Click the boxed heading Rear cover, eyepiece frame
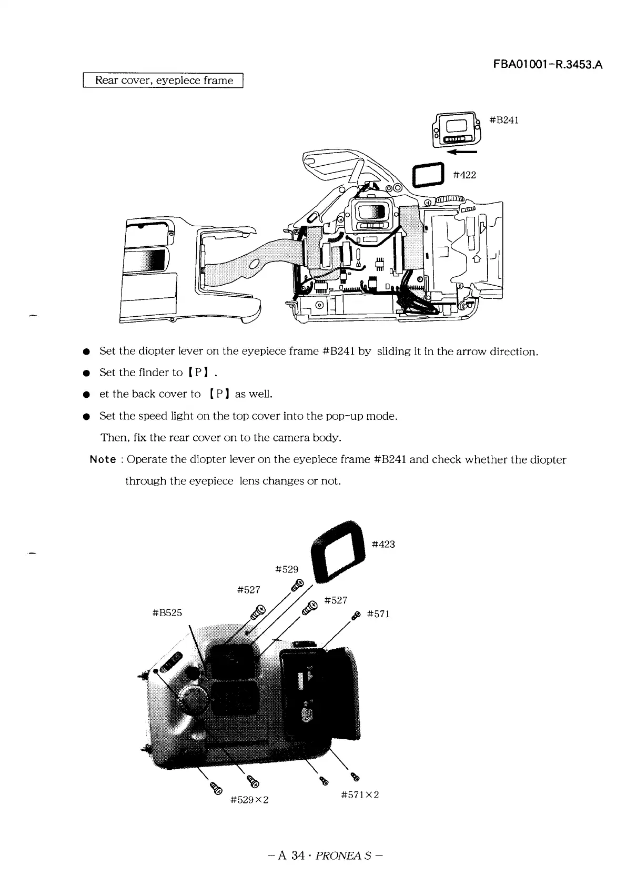(x=163, y=81)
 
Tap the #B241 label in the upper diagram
(x=504, y=120)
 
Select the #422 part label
(x=465, y=175)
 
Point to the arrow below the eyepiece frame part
(x=461, y=153)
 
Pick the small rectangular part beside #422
(x=427, y=175)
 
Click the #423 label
(x=383, y=544)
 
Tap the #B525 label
(x=167, y=612)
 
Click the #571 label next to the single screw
(x=378, y=614)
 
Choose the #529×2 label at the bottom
(x=250, y=800)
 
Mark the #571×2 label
(x=360, y=795)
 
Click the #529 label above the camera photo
(x=287, y=569)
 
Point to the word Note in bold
(x=103, y=459)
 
